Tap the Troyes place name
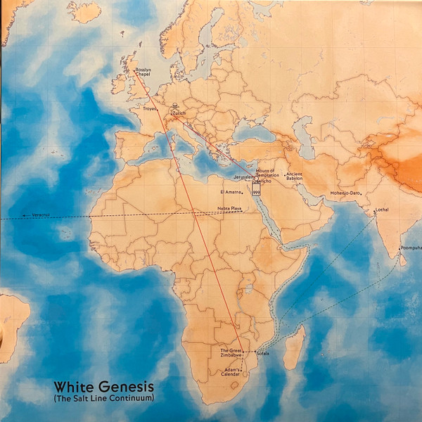[x=150, y=110]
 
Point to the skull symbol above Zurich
[x=175, y=106]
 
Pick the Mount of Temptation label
[x=266, y=172]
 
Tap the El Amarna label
[x=231, y=191]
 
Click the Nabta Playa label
[x=230, y=210]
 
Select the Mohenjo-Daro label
[x=345, y=193]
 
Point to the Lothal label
[x=382, y=210]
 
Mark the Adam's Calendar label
[x=233, y=372]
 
